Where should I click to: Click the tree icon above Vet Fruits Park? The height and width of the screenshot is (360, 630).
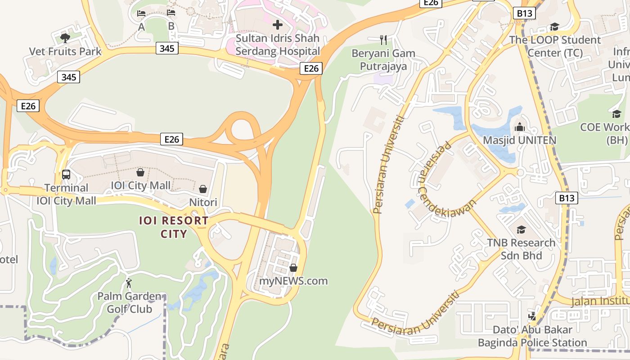(65, 37)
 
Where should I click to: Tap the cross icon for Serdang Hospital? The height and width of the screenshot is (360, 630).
(278, 24)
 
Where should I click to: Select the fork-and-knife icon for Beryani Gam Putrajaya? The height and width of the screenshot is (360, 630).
(383, 40)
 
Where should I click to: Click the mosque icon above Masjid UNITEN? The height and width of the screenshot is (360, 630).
(520, 127)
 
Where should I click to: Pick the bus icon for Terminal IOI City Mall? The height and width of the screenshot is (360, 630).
(66, 174)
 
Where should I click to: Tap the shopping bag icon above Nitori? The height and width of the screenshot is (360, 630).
(203, 189)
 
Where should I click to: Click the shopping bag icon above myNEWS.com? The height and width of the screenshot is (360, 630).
(293, 268)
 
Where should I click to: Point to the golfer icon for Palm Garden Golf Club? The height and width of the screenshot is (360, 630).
(129, 283)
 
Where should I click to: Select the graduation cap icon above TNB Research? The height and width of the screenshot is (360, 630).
(521, 230)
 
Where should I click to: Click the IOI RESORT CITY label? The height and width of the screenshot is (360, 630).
(174, 227)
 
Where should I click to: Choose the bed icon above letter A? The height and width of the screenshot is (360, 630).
(141, 13)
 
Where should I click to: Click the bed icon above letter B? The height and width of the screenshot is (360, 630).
(171, 12)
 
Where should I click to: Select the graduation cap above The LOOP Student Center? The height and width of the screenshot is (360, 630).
(554, 27)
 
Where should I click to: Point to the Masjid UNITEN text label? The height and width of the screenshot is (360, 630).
(519, 140)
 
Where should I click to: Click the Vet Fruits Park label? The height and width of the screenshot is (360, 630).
(65, 51)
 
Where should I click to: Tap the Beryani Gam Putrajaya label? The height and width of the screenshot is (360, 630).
(383, 60)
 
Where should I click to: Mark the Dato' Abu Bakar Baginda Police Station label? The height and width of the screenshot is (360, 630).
(532, 336)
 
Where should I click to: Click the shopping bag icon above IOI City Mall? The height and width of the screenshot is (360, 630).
(140, 172)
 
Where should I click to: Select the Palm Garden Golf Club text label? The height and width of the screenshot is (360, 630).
(129, 302)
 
